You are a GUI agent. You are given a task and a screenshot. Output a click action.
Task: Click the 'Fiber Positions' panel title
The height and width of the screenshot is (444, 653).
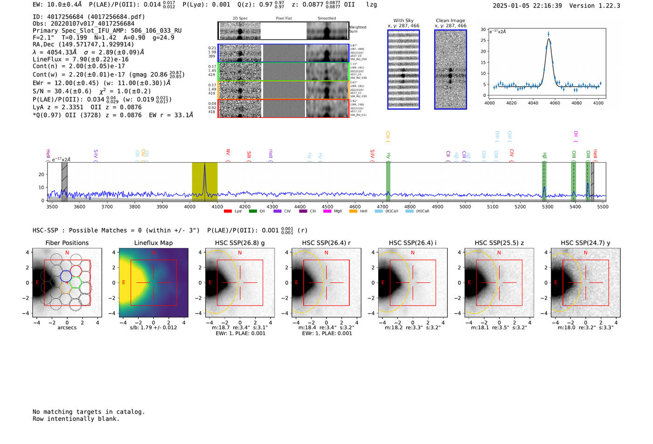point(67,243)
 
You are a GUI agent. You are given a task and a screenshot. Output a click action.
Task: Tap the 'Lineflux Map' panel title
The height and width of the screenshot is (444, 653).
point(153,243)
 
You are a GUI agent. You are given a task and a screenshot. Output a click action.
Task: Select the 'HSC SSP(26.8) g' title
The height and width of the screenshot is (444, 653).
point(240,243)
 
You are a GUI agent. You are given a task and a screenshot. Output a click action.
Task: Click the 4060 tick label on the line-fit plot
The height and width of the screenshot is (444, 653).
point(555,103)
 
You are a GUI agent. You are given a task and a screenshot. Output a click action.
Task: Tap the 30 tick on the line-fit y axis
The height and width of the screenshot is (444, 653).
point(483,29)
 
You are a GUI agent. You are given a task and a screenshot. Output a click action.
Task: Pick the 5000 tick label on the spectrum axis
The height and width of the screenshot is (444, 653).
point(465,207)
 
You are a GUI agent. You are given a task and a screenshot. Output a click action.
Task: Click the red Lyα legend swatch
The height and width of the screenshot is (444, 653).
point(228,211)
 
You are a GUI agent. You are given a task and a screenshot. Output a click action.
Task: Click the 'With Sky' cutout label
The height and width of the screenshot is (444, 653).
point(403,20)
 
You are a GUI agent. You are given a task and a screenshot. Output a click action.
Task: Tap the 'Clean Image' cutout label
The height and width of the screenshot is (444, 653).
point(451,20)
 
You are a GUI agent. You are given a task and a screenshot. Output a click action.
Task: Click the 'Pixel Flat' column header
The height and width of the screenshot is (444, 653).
point(284,19)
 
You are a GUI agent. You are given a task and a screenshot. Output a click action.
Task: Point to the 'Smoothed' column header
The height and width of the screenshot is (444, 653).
point(326,19)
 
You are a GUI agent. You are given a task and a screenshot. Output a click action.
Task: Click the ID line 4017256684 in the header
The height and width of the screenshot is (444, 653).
point(89,17)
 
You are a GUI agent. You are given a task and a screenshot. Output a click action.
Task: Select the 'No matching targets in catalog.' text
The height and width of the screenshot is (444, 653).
point(89,412)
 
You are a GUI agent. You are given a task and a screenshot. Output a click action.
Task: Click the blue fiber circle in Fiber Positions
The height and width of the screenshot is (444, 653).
point(66,276)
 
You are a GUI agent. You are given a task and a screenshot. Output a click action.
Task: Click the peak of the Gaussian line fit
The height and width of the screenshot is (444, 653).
point(549,38)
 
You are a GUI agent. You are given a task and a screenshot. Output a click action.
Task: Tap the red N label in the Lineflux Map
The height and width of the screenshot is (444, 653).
point(153,253)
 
